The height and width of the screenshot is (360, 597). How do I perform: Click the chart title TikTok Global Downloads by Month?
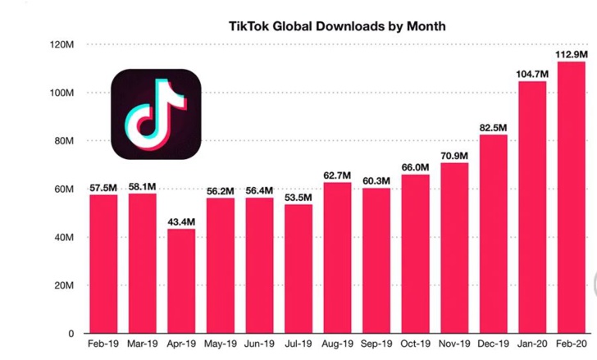pyautogui.click(x=337, y=26)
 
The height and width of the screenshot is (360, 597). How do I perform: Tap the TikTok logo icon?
pyautogui.click(x=156, y=114)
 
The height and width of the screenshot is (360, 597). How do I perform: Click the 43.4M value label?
pyautogui.click(x=181, y=221)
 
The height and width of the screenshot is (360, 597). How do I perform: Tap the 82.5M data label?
pyautogui.click(x=493, y=127)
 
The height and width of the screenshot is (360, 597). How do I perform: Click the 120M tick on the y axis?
pyautogui.click(x=62, y=44)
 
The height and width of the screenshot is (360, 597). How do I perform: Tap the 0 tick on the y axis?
pyautogui.click(x=71, y=334)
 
